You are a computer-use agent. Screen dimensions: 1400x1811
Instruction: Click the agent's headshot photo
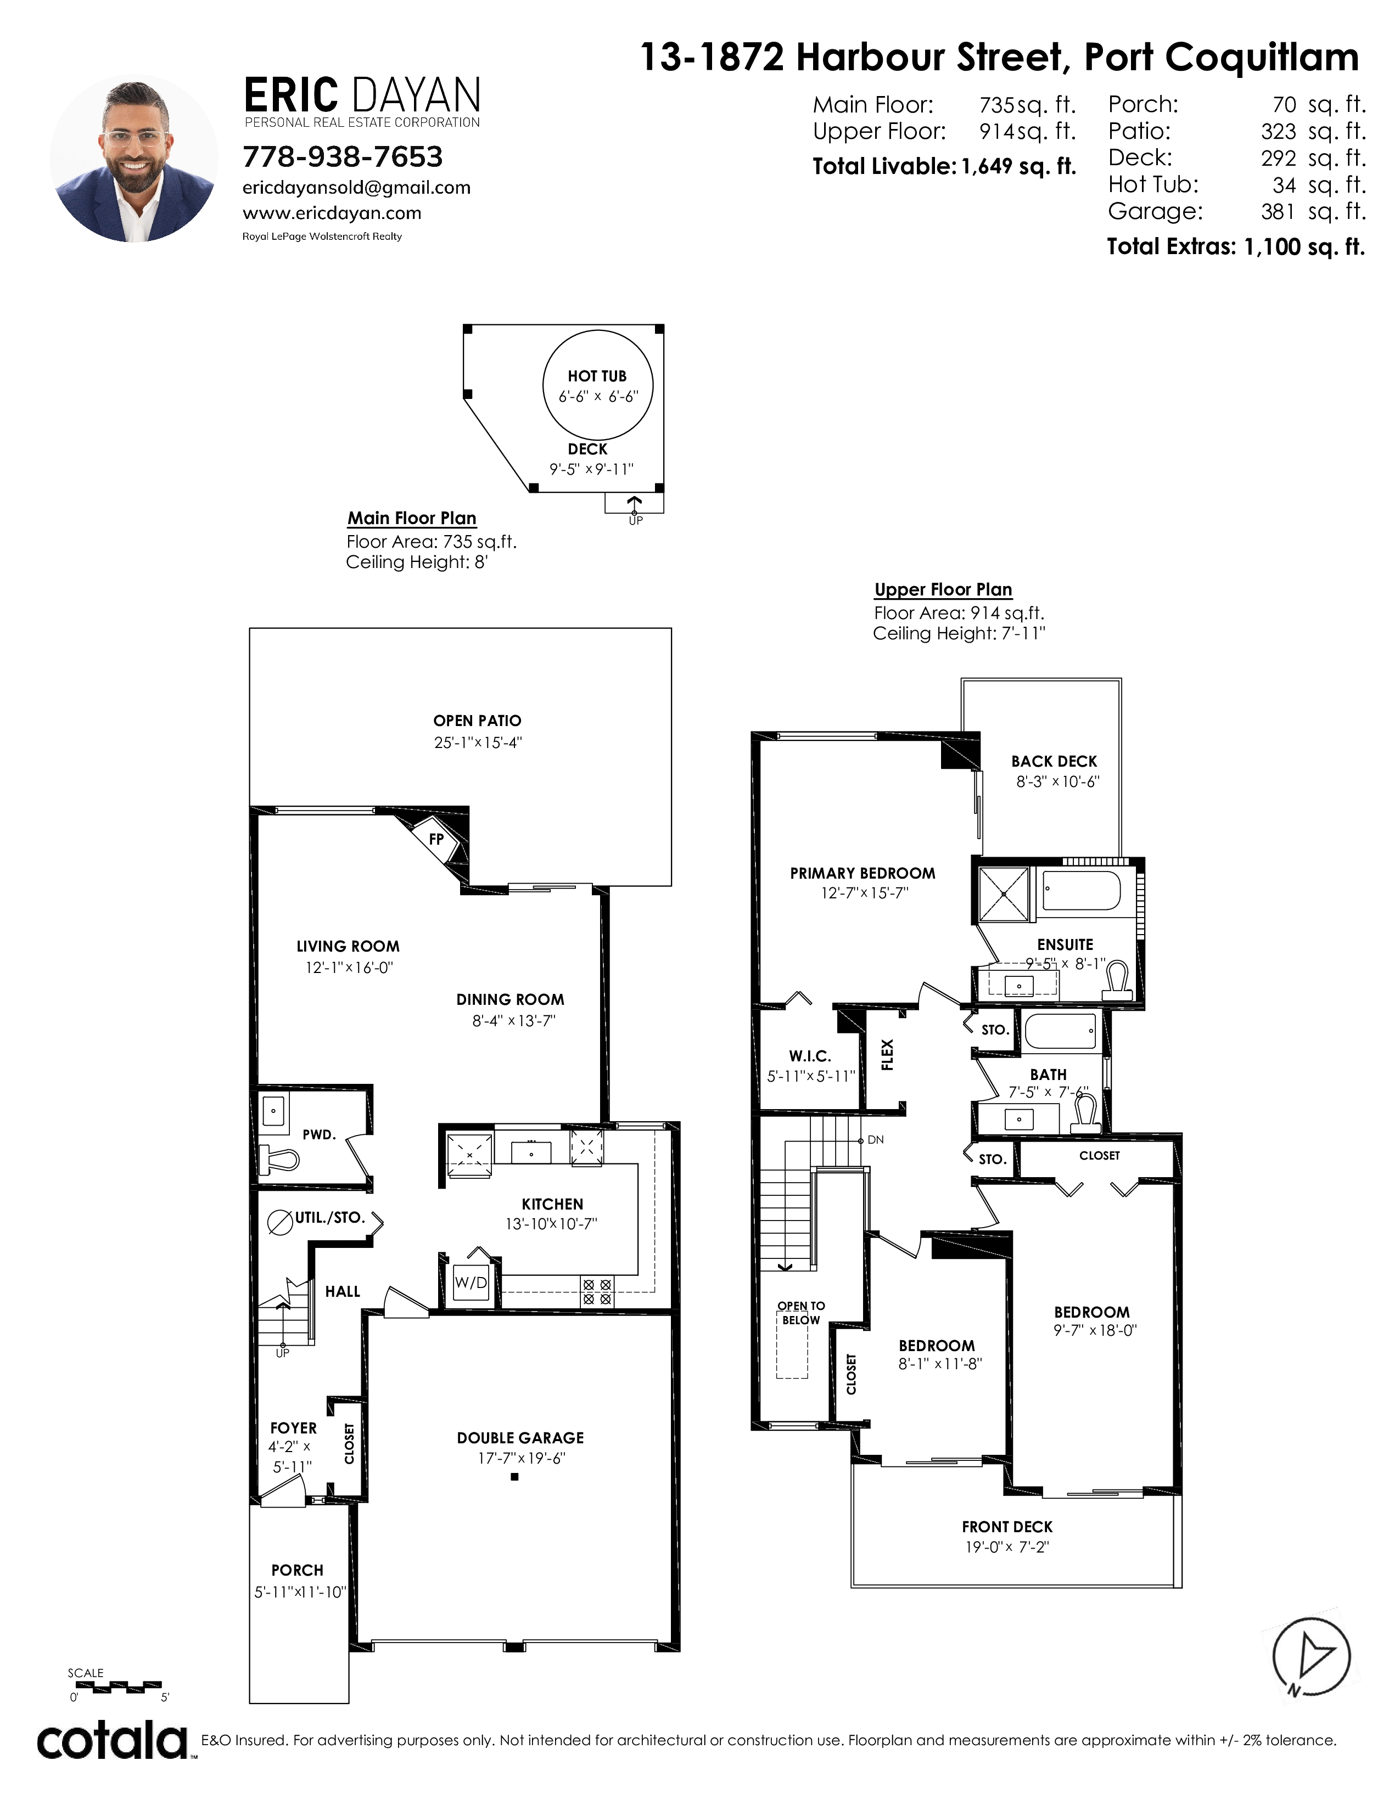pyautogui.click(x=133, y=159)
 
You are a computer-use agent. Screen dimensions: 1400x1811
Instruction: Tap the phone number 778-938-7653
pyautogui.click(x=343, y=157)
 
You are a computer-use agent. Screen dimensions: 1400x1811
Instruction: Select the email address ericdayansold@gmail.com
pyautogui.click(x=357, y=188)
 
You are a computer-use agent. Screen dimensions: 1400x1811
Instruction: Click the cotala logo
pyautogui.click(x=113, y=1741)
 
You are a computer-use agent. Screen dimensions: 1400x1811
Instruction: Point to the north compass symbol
pyautogui.click(x=1311, y=1657)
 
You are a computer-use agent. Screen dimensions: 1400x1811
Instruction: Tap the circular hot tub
pyautogui.click(x=597, y=385)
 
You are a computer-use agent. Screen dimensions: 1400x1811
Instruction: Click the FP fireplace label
pyautogui.click(x=436, y=839)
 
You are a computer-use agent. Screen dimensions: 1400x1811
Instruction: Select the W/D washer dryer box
pyautogui.click(x=471, y=1283)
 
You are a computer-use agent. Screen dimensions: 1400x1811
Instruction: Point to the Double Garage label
pyautogui.click(x=520, y=1438)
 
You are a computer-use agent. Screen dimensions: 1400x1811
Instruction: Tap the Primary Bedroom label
pyautogui.click(x=863, y=873)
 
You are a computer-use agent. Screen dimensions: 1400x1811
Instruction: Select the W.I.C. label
pyautogui.click(x=809, y=1056)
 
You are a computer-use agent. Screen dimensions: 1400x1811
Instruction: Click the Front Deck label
pyautogui.click(x=1007, y=1527)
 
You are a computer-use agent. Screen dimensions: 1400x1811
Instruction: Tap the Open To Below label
pyautogui.click(x=801, y=1313)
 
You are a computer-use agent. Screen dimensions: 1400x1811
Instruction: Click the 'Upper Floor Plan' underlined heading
pyautogui.click(x=943, y=589)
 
